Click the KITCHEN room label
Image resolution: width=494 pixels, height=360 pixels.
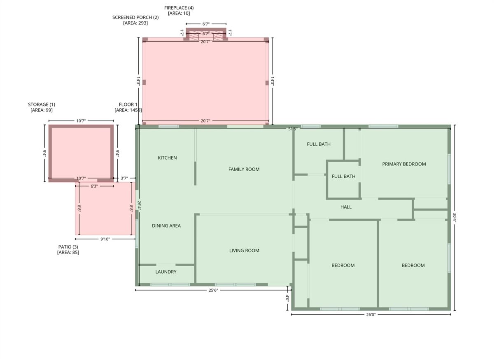pos(167,158)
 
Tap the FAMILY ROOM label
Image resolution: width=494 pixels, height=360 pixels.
pos(244,170)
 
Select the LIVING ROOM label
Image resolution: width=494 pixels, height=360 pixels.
pos(244,251)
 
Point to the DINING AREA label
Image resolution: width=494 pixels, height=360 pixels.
pos(166,226)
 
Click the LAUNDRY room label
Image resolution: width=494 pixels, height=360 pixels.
pos(166,272)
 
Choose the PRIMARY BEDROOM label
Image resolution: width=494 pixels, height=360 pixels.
pos(404,164)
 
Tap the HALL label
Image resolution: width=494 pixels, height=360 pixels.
pos(346,207)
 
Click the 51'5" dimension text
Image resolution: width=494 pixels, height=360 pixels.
pos(292,129)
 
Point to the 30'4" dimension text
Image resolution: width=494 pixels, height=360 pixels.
pos(454,217)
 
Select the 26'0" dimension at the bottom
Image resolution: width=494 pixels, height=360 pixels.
pos(371,315)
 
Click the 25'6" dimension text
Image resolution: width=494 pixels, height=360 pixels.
pos(213,290)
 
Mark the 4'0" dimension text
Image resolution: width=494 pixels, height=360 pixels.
pos(287,298)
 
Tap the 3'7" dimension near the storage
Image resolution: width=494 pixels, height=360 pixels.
pos(124,178)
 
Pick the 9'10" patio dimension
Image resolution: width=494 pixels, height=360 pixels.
pos(105,239)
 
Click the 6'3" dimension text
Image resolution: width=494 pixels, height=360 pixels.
pos(94,186)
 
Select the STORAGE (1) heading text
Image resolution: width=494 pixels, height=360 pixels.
pos(42,105)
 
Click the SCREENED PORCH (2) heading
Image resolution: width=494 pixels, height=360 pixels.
pos(135,17)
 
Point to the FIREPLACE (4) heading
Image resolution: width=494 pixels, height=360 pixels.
pos(179,8)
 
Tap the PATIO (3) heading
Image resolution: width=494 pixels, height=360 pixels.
pos(68,247)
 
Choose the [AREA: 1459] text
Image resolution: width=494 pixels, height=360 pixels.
pos(128,110)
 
